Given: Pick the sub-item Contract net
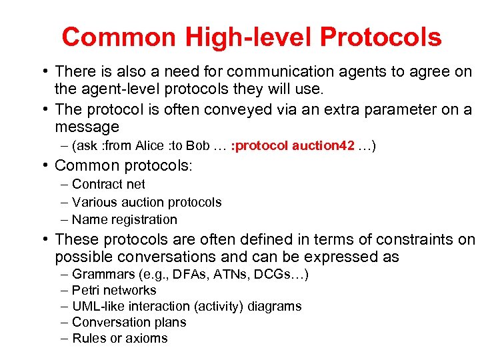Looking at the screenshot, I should click(x=108, y=185).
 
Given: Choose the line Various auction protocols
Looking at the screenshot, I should click(x=147, y=202).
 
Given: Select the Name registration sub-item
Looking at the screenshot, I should click(x=125, y=219).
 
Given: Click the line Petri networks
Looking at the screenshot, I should click(x=114, y=291).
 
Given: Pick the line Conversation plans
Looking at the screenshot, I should click(x=129, y=323).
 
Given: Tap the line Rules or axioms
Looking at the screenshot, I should click(x=119, y=339).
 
